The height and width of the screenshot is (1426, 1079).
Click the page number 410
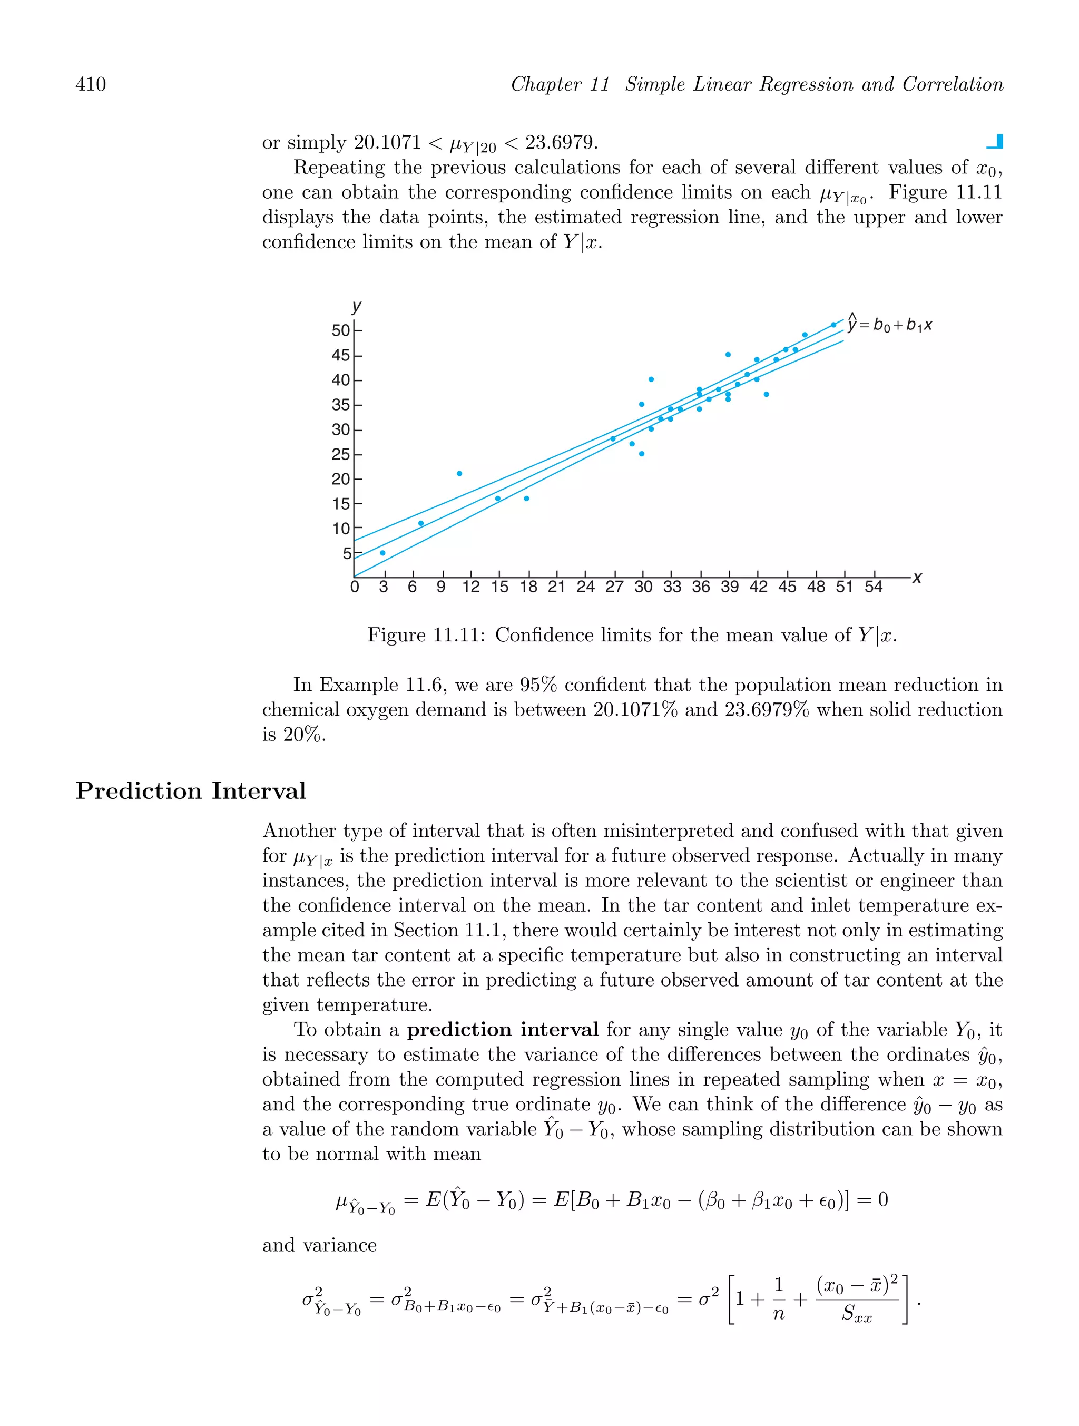pyautogui.click(x=91, y=84)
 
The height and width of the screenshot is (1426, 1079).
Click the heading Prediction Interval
pyautogui.click(x=190, y=791)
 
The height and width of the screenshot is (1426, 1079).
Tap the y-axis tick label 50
pyautogui.click(x=340, y=331)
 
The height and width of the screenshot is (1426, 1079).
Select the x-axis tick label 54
pyautogui.click(x=873, y=587)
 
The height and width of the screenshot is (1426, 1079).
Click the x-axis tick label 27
pyautogui.click(x=614, y=587)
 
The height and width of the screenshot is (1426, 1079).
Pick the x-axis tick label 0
pyautogui.click(x=355, y=587)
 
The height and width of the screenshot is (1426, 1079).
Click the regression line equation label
pyautogui.click(x=889, y=324)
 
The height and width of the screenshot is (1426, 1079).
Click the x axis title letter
pyautogui.click(x=917, y=578)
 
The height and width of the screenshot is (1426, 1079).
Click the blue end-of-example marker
pyautogui.click(x=996, y=142)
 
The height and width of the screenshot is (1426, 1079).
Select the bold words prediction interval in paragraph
pyautogui.click(x=502, y=1030)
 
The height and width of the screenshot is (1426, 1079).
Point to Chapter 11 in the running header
pyautogui.click(x=560, y=84)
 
